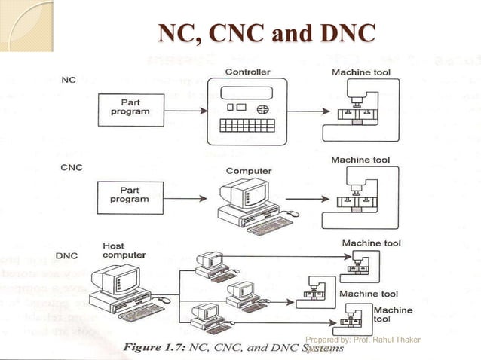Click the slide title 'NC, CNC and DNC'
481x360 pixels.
tap(265, 34)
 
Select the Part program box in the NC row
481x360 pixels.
tap(130, 111)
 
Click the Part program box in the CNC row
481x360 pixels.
tap(130, 195)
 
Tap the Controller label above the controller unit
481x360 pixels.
tap(249, 72)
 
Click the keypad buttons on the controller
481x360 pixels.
tap(248, 126)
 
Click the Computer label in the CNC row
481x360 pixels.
tap(248, 171)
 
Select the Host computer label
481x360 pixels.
tap(124, 250)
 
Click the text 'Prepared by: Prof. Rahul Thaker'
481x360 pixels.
tap(363, 340)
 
